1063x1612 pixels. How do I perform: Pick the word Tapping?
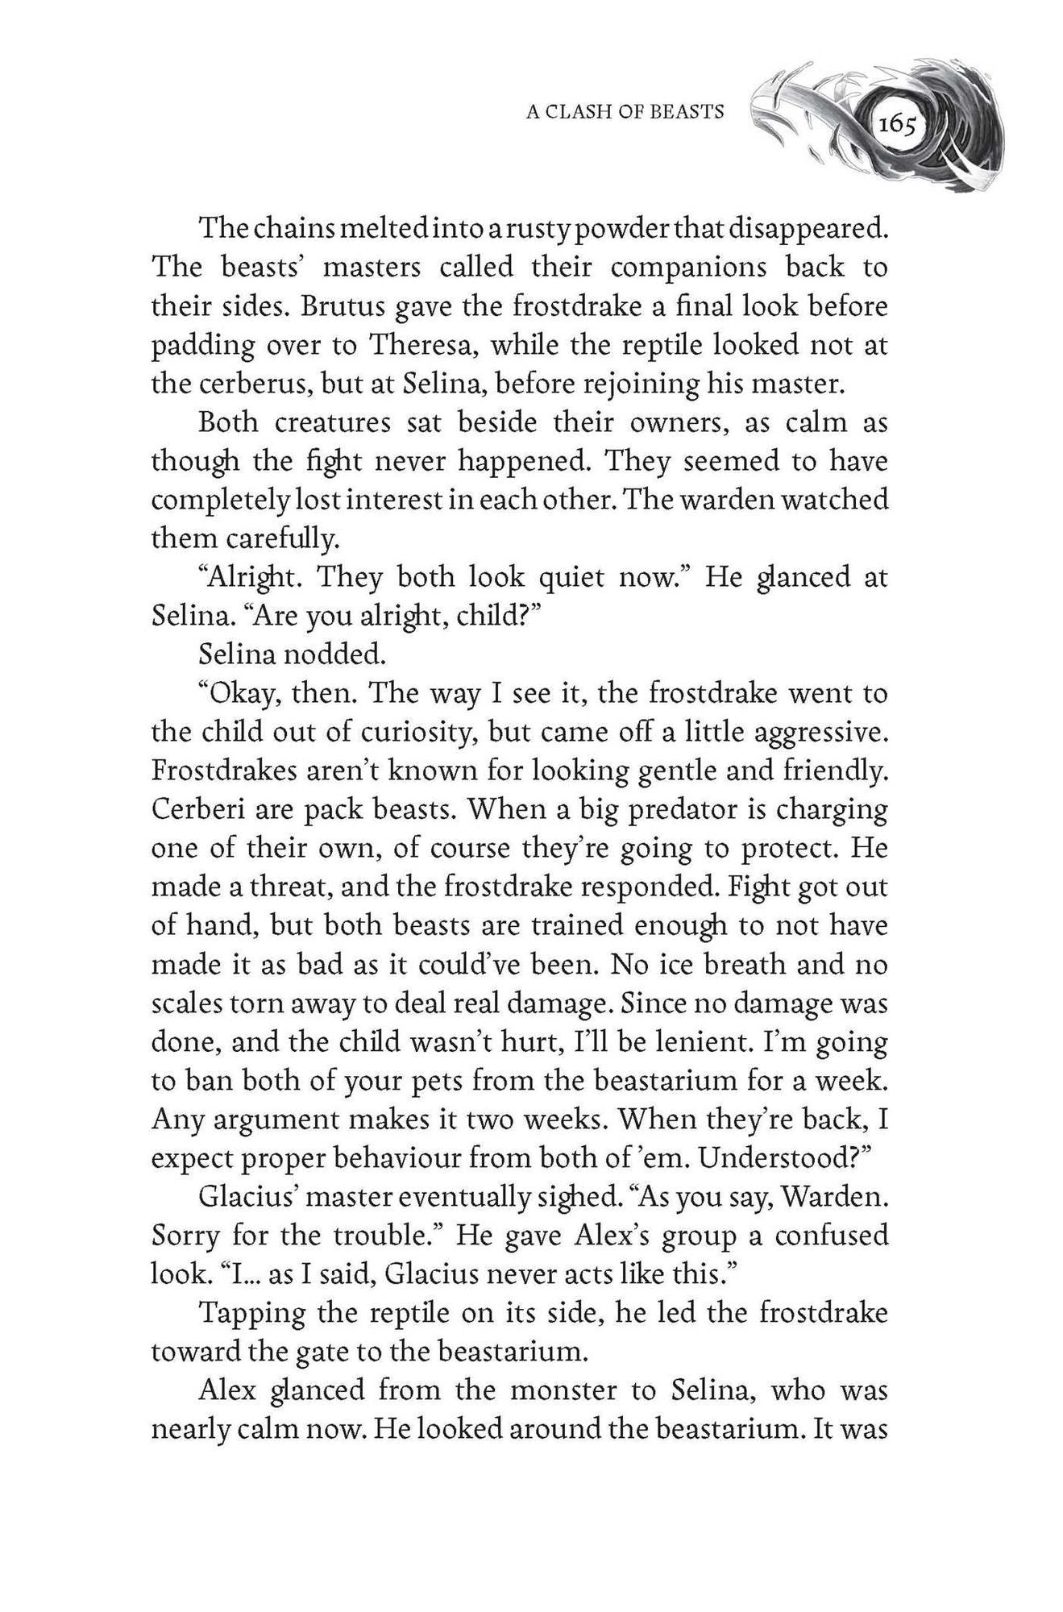[250, 1313]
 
